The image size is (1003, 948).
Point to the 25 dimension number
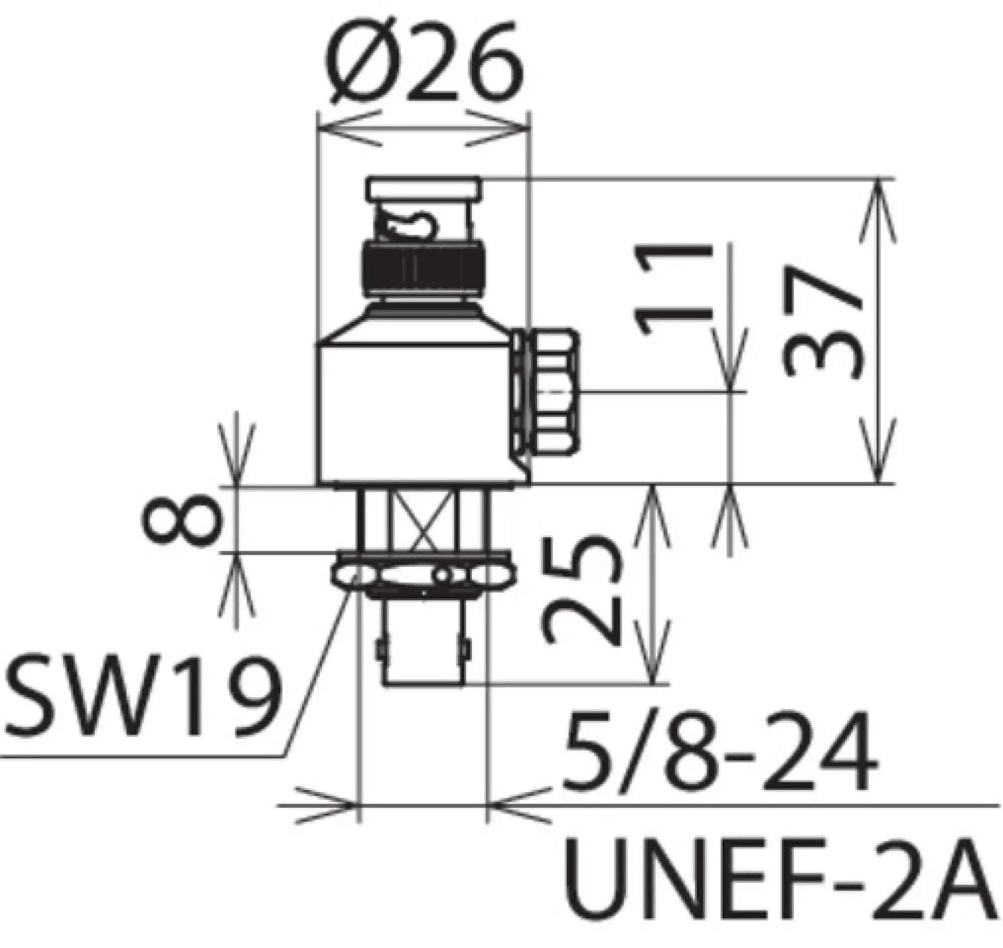pos(580,589)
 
